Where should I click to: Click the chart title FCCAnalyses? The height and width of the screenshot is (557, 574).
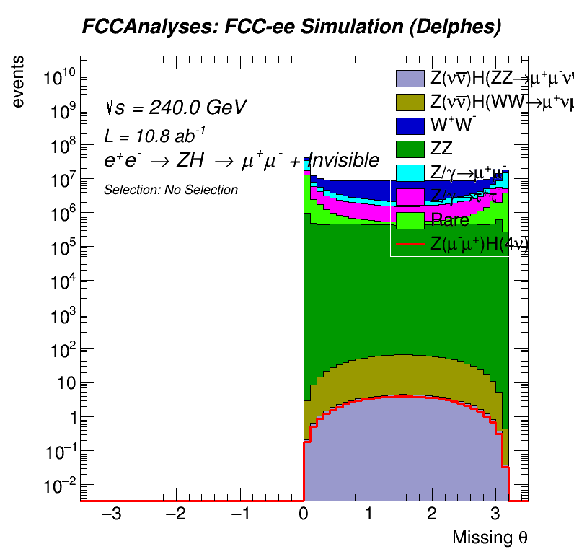click(291, 27)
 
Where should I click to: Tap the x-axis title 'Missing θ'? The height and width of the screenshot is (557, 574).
click(490, 538)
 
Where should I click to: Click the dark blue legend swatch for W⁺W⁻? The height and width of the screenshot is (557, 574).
click(410, 126)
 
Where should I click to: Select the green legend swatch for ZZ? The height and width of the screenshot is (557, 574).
click(410, 149)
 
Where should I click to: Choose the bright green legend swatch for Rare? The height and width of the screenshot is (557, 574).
click(410, 220)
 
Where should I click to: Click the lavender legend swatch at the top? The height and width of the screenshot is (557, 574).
click(410, 79)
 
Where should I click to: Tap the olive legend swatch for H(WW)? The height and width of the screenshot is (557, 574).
click(410, 102)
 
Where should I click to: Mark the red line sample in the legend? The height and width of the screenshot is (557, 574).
click(410, 245)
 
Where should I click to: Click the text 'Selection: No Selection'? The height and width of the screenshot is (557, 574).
click(171, 190)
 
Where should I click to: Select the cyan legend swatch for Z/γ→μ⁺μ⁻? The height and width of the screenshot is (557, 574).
click(410, 173)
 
